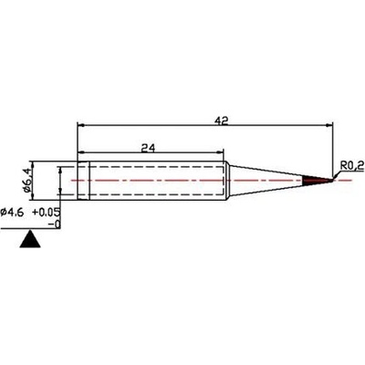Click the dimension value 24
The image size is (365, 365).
coord(147,146)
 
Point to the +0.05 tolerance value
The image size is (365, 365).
coord(47,212)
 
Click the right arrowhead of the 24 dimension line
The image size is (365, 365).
coord(222,152)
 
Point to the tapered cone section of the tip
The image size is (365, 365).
coord(265,181)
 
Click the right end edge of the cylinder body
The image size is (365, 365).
coord(224,180)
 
